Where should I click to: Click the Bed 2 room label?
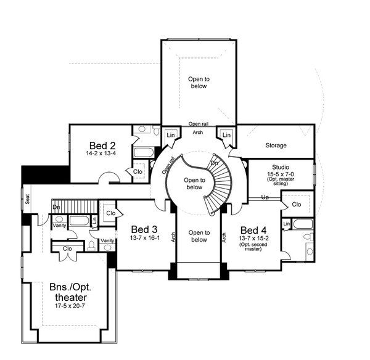pyautogui.click(x=102, y=145)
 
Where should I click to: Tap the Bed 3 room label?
pyautogui.click(x=144, y=229)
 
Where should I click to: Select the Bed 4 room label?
pyautogui.click(x=253, y=230)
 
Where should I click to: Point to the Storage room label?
pyautogui.click(x=276, y=145)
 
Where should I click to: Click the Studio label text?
pyautogui.click(x=281, y=167)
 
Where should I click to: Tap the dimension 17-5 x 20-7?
pyautogui.click(x=70, y=306)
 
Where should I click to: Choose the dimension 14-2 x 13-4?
pyautogui.click(x=101, y=153)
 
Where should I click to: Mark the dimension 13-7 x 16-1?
pyautogui.click(x=145, y=237)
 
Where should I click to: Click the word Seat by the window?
pyautogui.click(x=27, y=199)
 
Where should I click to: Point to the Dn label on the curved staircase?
pyautogui.click(x=214, y=163)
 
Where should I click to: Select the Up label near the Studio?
pyautogui.click(x=265, y=197)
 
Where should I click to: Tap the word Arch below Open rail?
pyautogui.click(x=198, y=133)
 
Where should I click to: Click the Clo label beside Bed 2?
pyautogui.click(x=138, y=171)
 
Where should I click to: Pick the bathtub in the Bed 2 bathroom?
pyautogui.click(x=144, y=152)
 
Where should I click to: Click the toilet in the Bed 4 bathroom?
pyautogui.click(x=308, y=236)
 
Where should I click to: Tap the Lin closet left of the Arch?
pyautogui.click(x=171, y=135)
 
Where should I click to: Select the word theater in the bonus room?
pyautogui.click(x=71, y=297)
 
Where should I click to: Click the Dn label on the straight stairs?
pyautogui.click(x=56, y=207)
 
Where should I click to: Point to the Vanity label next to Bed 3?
pyautogui.click(x=107, y=240)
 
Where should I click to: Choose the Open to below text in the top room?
pyautogui.click(x=199, y=83)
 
